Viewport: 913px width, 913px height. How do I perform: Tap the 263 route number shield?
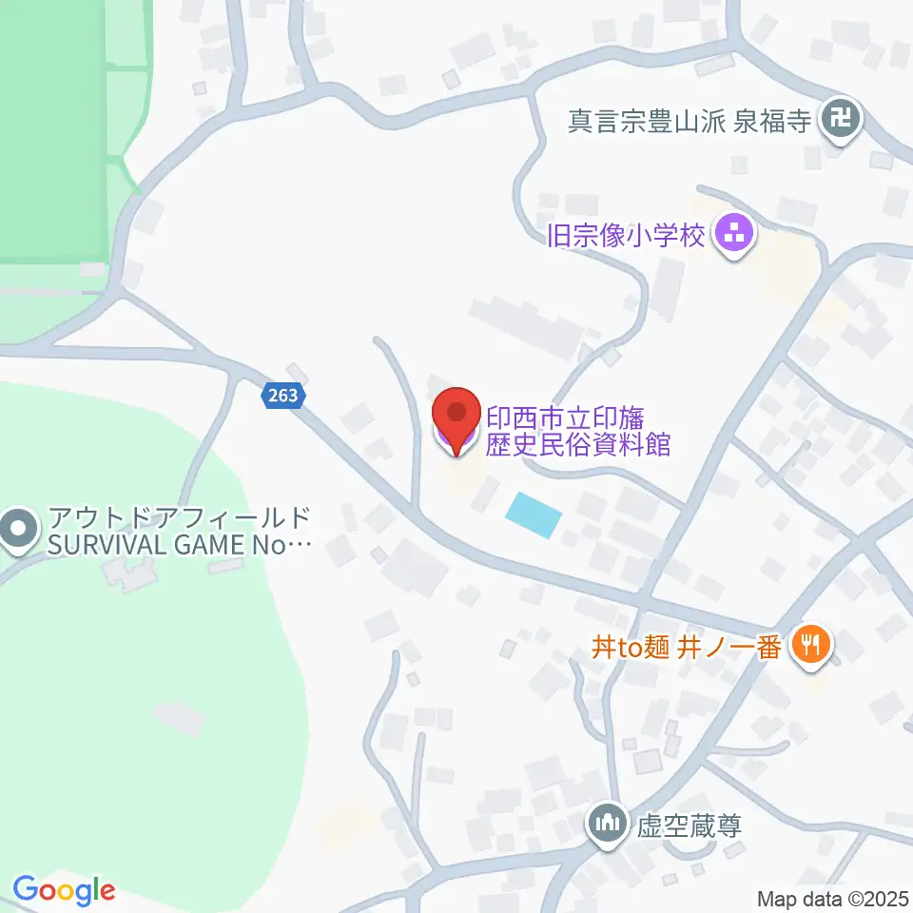point(282,396)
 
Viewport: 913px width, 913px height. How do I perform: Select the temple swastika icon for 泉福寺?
point(842,121)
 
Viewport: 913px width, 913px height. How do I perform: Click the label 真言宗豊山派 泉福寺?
point(690,122)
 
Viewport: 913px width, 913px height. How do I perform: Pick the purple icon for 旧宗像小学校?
point(734,232)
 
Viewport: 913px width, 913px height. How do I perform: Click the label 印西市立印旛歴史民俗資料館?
point(578,431)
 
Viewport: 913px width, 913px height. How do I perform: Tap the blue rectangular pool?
point(534,515)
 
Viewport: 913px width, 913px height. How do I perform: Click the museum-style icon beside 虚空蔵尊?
point(606,823)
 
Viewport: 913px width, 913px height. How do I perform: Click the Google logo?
point(64,890)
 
